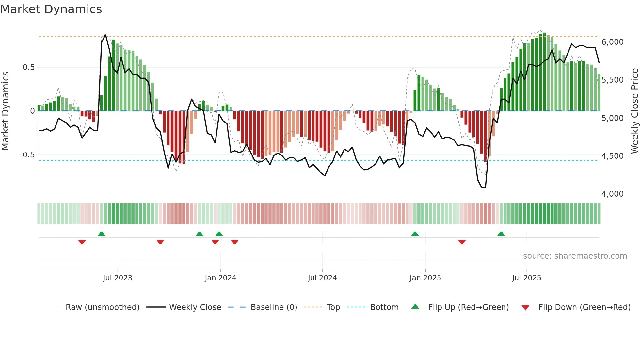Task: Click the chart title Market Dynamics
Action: (51, 9)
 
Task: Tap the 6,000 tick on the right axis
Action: (612, 42)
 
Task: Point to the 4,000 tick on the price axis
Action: (612, 194)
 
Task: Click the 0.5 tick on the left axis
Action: (28, 67)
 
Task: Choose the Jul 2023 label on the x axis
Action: (118, 278)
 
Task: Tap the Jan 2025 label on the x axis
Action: (425, 278)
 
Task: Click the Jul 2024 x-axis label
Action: (322, 278)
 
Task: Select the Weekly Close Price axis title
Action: (634, 111)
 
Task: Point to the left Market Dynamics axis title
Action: (5, 111)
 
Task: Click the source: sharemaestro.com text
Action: (575, 256)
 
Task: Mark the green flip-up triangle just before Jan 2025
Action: (415, 234)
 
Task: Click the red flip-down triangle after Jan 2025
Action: (462, 242)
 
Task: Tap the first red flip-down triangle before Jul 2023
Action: (82, 242)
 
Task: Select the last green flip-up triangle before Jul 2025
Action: (501, 234)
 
